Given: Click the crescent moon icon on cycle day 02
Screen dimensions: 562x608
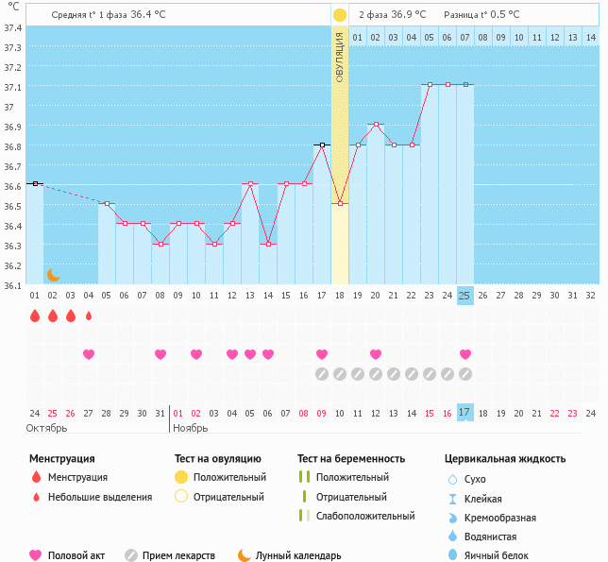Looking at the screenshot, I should [x=54, y=274].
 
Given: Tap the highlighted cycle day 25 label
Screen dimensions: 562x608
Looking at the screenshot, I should [x=464, y=296].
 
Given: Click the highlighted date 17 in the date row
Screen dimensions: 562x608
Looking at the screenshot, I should [x=464, y=413].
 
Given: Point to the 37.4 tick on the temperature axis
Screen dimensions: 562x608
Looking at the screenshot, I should [x=13, y=28].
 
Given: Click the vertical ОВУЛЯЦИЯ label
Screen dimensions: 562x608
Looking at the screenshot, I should [x=340, y=59].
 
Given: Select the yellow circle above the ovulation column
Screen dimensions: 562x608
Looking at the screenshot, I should [x=340, y=15].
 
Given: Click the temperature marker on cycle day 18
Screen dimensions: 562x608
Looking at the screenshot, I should [x=340, y=203].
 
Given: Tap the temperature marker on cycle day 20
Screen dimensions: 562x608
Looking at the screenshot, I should [x=376, y=125].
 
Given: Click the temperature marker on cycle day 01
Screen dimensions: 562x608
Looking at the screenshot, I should [x=35, y=183].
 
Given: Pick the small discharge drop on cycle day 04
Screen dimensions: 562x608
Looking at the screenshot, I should [x=89, y=316].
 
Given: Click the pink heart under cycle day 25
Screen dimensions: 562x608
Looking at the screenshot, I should [x=464, y=354].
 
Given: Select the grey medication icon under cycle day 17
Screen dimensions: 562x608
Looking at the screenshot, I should [x=322, y=374].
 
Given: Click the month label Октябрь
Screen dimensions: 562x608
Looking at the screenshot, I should [x=47, y=428].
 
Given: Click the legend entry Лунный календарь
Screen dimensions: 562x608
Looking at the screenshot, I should [x=297, y=555].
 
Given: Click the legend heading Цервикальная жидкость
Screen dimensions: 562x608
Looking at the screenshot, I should [x=505, y=459].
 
